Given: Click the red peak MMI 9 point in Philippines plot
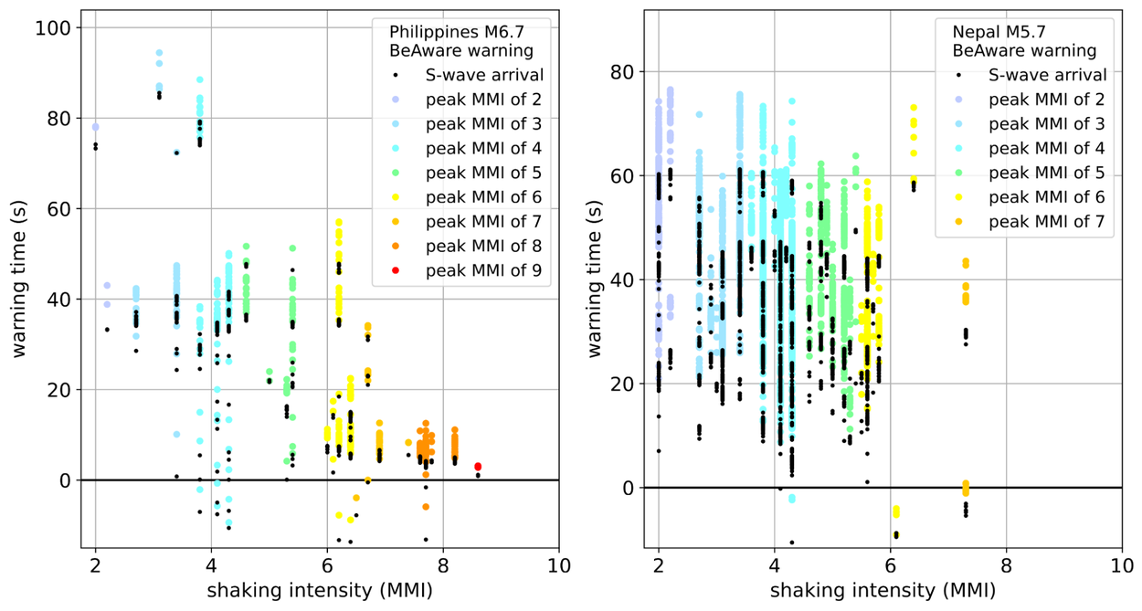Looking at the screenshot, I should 478,467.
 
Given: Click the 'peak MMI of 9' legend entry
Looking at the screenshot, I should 482,269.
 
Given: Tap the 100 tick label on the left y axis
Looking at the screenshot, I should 53,28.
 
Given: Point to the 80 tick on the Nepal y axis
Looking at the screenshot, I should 623,72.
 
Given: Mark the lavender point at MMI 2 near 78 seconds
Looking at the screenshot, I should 95,127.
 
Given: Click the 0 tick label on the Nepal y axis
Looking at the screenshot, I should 629,489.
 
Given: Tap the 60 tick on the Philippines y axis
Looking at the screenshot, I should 58,209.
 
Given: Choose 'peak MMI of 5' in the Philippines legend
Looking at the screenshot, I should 482,172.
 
